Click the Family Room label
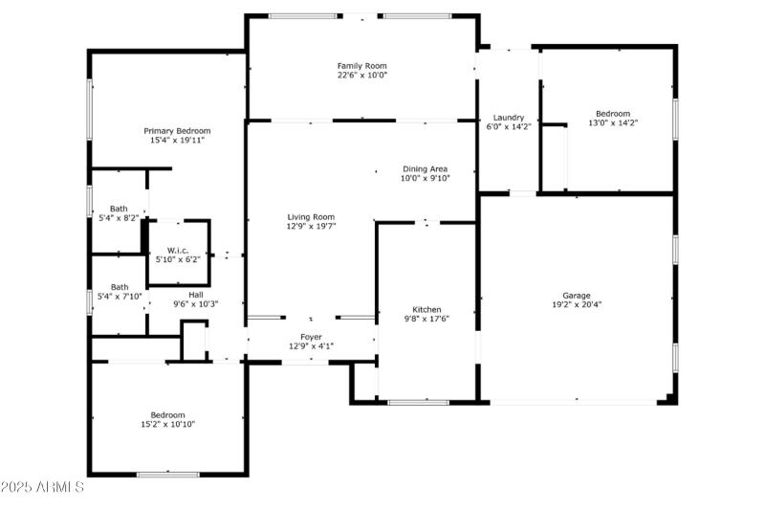click(x=362, y=65)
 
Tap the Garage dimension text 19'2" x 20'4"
click(x=576, y=305)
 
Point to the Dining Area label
click(x=425, y=168)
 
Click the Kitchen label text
click(x=426, y=309)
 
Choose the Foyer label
click(x=312, y=337)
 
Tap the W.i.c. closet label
click(x=178, y=250)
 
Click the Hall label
click(x=196, y=295)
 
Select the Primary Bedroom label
click(x=177, y=130)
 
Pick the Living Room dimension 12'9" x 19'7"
click(x=311, y=227)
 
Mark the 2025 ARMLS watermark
click(x=42, y=488)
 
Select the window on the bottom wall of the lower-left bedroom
click(x=167, y=475)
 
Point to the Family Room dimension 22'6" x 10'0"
click(x=362, y=76)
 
